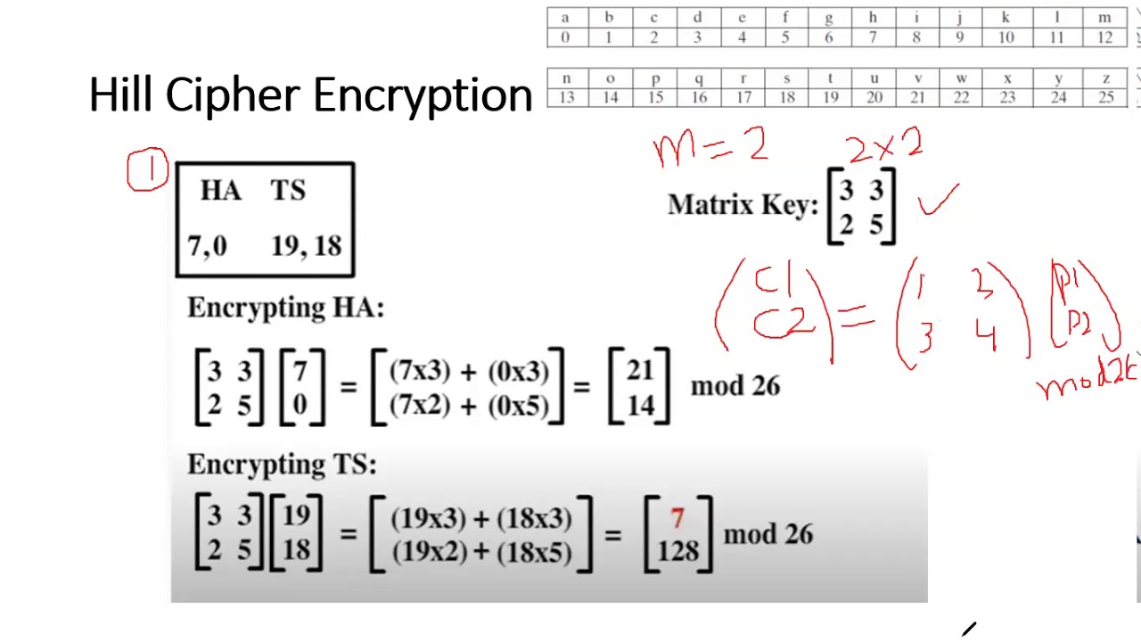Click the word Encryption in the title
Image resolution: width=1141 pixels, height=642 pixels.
click(x=422, y=95)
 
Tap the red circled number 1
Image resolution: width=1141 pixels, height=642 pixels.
click(x=148, y=170)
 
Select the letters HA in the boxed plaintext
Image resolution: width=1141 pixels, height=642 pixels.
click(x=220, y=191)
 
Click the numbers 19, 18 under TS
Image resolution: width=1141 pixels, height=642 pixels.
click(x=306, y=245)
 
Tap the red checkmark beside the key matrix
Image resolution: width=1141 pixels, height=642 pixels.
click(x=939, y=201)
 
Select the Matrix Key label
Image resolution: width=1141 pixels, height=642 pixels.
click(x=743, y=206)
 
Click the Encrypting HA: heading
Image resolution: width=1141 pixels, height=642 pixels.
click(x=285, y=308)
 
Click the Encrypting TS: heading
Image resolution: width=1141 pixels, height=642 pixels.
click(x=282, y=465)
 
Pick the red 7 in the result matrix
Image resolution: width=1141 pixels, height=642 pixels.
click(x=677, y=518)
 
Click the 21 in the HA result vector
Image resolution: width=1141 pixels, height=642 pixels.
click(x=639, y=372)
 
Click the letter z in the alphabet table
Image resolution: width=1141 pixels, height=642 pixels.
click(x=1105, y=78)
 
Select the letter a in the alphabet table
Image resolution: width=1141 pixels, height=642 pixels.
click(x=564, y=17)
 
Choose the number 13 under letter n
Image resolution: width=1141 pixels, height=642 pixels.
click(x=565, y=97)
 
